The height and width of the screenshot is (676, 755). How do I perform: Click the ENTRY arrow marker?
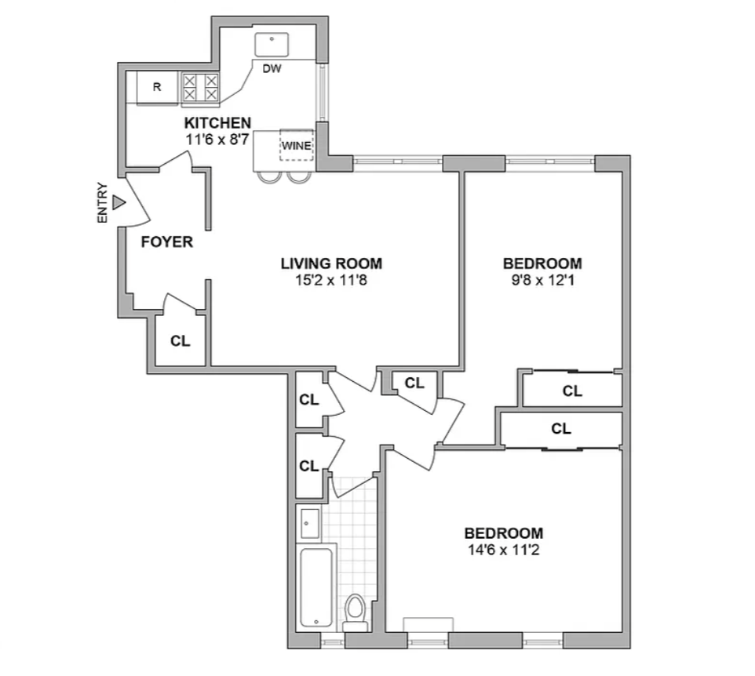point(119,203)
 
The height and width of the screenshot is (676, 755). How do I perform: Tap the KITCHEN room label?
point(217,122)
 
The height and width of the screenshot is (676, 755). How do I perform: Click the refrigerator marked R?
point(157,87)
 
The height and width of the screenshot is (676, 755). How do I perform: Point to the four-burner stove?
point(200,87)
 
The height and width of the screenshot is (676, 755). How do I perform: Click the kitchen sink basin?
point(272,43)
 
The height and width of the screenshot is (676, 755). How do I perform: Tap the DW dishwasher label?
point(272,68)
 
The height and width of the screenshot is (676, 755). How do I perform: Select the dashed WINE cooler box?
point(297,146)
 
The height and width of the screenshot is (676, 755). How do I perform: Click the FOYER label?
point(166,242)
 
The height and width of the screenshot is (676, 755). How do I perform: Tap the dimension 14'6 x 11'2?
point(503,549)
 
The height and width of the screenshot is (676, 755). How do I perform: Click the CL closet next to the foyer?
point(180,342)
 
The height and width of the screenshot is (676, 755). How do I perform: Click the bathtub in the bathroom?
point(316,586)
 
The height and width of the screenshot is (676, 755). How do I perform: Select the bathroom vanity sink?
point(309,523)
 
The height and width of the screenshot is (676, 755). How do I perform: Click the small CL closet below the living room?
point(414,383)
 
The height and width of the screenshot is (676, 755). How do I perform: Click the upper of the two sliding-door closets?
point(572,390)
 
